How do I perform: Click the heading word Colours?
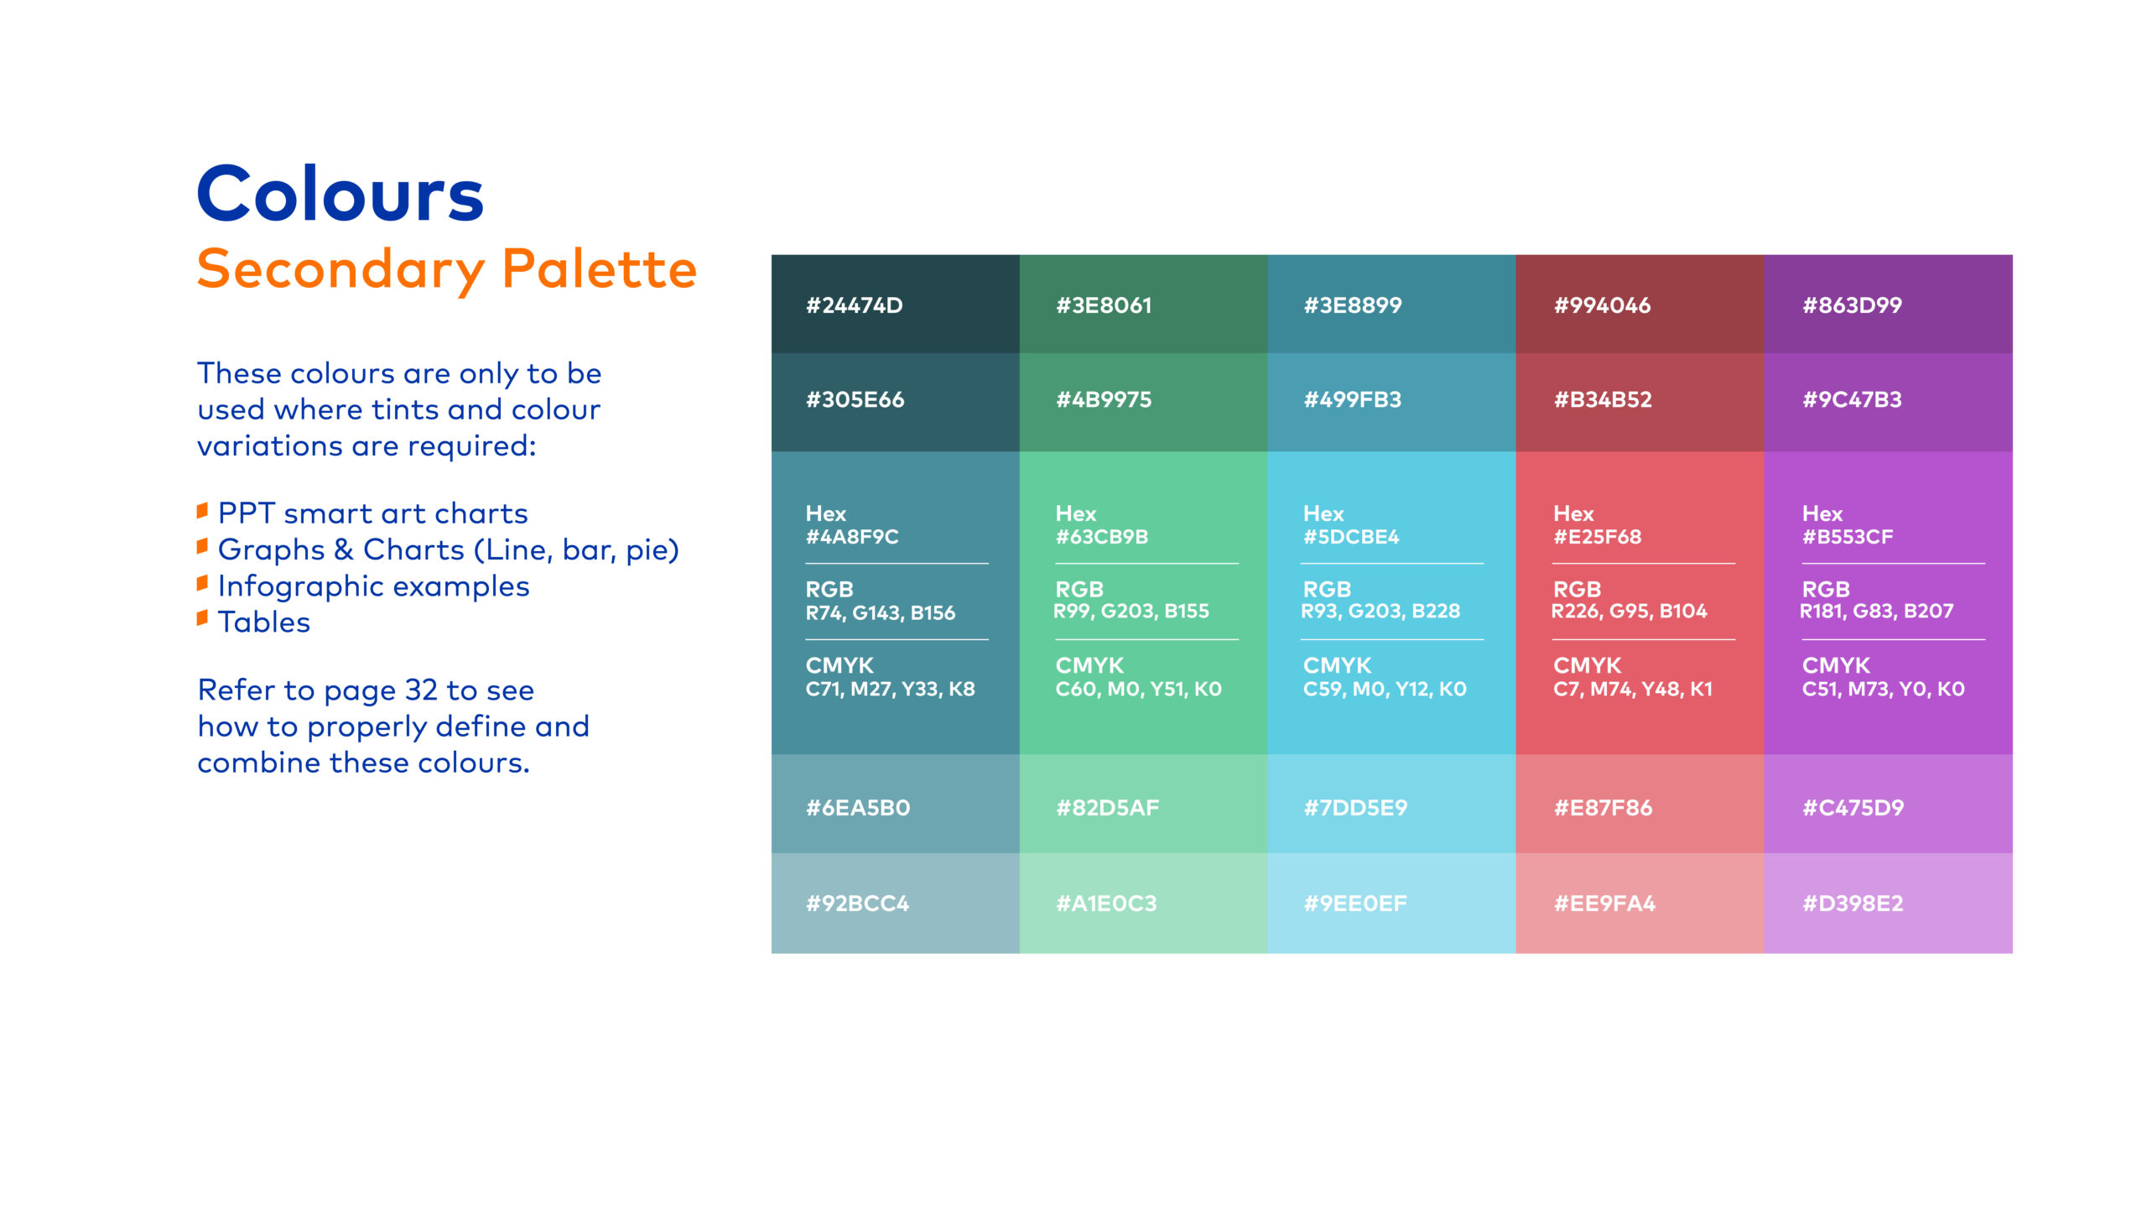(x=340, y=194)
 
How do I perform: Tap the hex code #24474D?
(x=854, y=305)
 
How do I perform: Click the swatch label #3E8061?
(x=1104, y=305)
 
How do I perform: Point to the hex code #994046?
(x=1602, y=305)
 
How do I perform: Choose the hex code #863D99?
(x=1852, y=305)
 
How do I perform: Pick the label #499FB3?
(x=1352, y=399)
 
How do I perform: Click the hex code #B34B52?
(x=1603, y=399)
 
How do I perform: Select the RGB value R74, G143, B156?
(x=880, y=613)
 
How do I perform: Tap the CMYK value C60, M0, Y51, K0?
(x=1138, y=689)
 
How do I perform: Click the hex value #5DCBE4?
(x=1351, y=537)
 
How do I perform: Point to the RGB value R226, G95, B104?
(x=1629, y=612)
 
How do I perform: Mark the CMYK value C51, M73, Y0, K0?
(x=1883, y=689)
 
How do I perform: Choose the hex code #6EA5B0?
(x=857, y=808)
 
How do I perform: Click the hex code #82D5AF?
(x=1107, y=808)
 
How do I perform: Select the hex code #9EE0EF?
(x=1354, y=903)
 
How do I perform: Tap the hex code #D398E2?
(x=1853, y=903)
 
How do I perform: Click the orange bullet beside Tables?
(x=202, y=619)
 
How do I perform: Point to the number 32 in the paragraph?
(x=421, y=690)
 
